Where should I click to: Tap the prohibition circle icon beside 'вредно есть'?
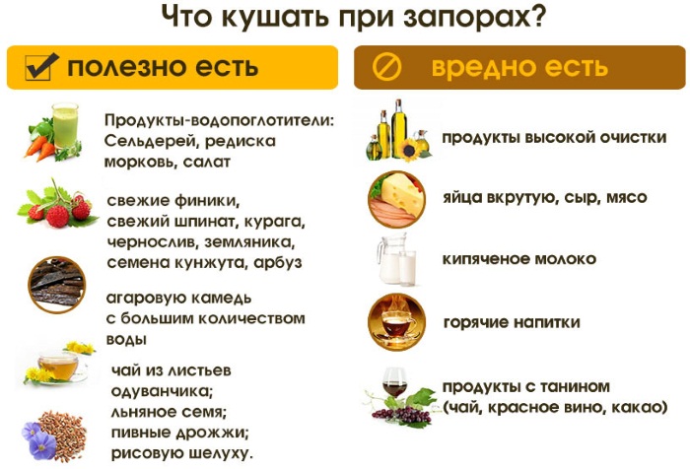(386, 67)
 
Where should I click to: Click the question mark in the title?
(535, 18)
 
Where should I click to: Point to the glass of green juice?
(65, 126)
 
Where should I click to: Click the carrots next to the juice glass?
(40, 148)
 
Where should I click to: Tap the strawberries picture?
(58, 206)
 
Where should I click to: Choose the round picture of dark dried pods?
(57, 285)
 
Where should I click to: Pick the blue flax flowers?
(38, 438)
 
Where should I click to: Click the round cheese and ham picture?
(397, 199)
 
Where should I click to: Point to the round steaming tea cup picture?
(396, 322)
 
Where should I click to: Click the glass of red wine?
(394, 382)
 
